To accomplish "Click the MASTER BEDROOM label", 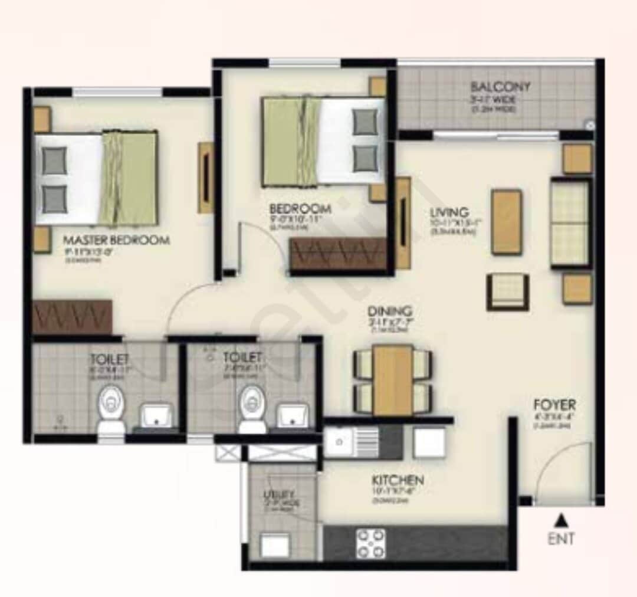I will click(116, 240).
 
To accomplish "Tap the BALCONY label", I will click(501, 87).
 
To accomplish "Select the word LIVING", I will click(449, 212).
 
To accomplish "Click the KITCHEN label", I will click(398, 480).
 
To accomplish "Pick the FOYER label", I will click(554, 405).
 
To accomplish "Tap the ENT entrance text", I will click(562, 538).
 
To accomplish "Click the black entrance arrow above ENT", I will click(562, 520).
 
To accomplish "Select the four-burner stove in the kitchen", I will click(371, 543).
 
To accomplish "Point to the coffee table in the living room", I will click(507, 221).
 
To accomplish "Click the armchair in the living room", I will click(507, 292).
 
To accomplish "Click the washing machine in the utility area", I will click(275, 544).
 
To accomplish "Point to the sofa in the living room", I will click(570, 222).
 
